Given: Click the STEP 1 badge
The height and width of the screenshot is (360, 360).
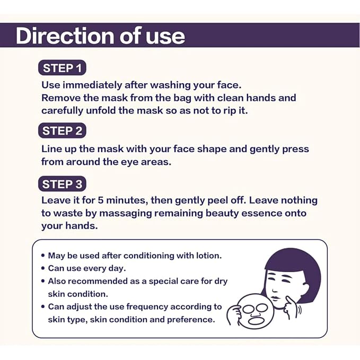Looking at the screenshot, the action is [x=62, y=68].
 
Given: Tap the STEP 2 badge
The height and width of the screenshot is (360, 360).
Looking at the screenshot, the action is [x=62, y=130].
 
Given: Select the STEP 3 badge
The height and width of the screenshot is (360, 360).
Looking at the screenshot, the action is [x=62, y=184].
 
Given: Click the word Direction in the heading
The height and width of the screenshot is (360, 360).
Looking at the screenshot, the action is [x=65, y=36].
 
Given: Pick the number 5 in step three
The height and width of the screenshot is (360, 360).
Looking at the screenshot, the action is [x=101, y=200].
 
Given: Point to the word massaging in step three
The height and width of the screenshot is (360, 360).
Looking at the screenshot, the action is [x=126, y=213].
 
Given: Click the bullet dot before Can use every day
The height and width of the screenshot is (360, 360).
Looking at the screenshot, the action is [x=43, y=268].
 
